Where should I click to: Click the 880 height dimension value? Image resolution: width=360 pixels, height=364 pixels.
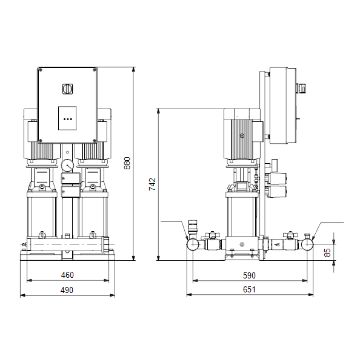(127, 163)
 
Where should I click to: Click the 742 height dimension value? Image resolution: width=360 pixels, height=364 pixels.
(152, 184)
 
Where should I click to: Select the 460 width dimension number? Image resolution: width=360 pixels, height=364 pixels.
(67, 275)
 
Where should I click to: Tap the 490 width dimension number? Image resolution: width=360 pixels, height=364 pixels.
(67, 290)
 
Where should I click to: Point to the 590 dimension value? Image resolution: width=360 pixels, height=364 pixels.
(249, 275)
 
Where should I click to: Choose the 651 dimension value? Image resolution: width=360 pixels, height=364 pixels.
(249, 290)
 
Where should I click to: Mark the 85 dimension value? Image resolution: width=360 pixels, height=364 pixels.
(327, 252)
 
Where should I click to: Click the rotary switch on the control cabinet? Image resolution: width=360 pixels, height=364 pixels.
(67, 89)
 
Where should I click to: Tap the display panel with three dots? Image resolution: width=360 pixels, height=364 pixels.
(67, 118)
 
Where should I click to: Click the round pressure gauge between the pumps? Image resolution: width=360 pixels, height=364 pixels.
(67, 165)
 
